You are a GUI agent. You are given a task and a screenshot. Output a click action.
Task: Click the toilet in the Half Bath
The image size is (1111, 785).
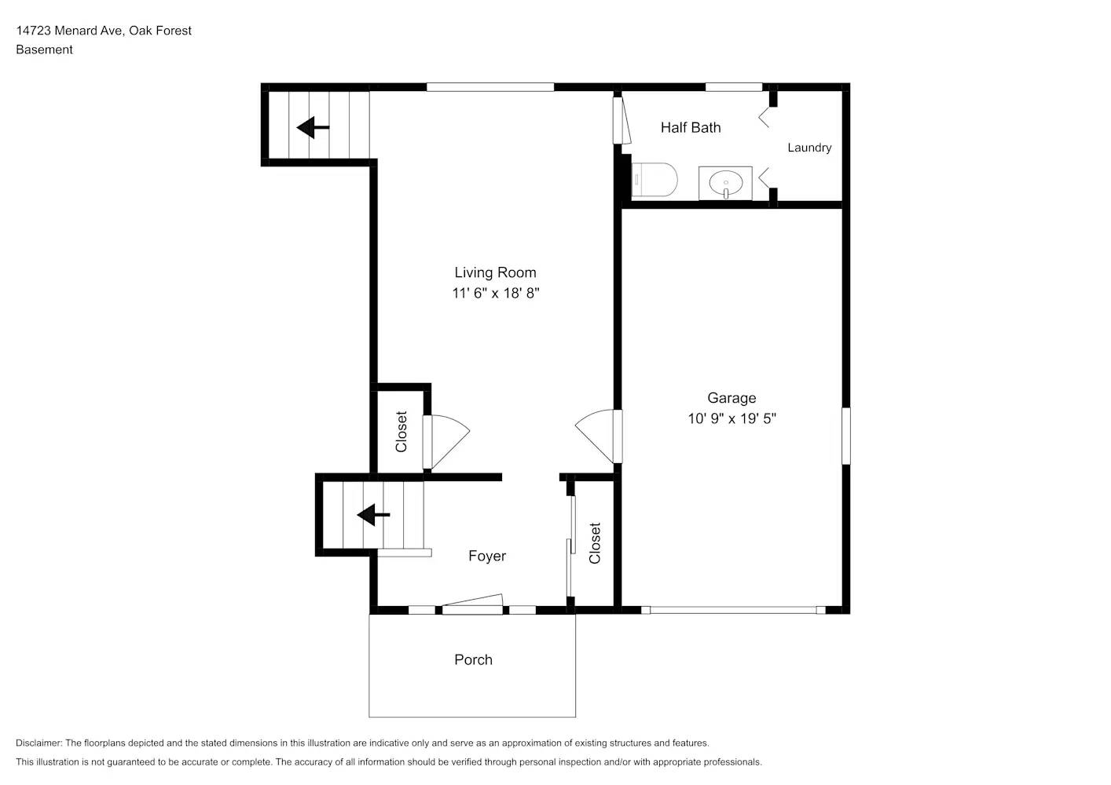[x=656, y=180]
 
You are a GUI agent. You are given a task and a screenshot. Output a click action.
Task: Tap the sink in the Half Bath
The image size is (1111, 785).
[x=725, y=184]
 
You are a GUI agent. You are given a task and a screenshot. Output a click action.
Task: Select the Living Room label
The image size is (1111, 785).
[x=495, y=272]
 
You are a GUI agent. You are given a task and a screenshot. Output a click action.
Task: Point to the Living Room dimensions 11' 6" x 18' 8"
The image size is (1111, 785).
[x=495, y=294]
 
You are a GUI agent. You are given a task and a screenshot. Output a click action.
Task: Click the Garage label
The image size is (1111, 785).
[x=731, y=398]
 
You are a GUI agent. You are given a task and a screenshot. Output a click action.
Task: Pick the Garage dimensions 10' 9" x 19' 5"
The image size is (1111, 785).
[x=731, y=418]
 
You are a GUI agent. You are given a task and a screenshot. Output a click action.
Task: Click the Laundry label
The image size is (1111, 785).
[x=809, y=148]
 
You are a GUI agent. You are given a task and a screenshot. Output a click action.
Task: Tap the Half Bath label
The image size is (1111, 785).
[x=690, y=127]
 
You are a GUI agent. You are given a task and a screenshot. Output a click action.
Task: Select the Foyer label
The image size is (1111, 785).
[x=487, y=556]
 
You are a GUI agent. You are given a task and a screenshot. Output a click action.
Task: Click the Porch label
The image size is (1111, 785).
[x=473, y=659]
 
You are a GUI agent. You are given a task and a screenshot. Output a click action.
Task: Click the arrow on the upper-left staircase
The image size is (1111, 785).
[x=313, y=126]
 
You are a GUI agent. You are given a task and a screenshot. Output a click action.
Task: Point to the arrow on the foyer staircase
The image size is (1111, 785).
[x=373, y=515]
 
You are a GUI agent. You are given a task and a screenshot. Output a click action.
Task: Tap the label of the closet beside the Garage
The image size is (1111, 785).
[x=595, y=543]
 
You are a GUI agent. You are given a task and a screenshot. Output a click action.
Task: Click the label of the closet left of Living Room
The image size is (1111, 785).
[x=401, y=432]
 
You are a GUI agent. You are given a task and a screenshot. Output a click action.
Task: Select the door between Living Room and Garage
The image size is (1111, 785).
[x=599, y=436]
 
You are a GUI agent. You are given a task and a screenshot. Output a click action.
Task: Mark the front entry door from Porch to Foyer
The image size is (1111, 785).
[x=472, y=604]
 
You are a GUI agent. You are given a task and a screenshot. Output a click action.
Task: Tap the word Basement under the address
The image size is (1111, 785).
[x=44, y=49]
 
